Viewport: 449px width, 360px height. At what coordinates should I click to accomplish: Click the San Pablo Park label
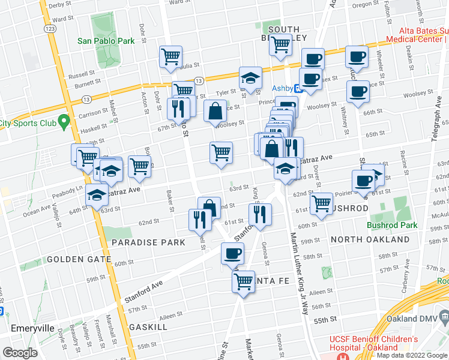105,41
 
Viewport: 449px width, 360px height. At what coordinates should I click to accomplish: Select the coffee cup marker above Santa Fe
232,253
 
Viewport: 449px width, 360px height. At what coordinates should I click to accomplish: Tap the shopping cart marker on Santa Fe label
244,280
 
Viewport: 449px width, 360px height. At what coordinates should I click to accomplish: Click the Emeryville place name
35,328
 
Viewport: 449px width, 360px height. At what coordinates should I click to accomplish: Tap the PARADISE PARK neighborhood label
148,242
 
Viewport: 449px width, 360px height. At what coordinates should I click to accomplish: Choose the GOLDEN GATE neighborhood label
79,259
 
